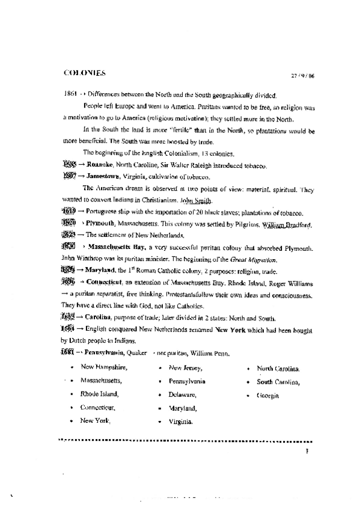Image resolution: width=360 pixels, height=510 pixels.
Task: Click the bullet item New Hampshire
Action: (104, 367)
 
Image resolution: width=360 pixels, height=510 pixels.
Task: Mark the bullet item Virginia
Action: (181, 422)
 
